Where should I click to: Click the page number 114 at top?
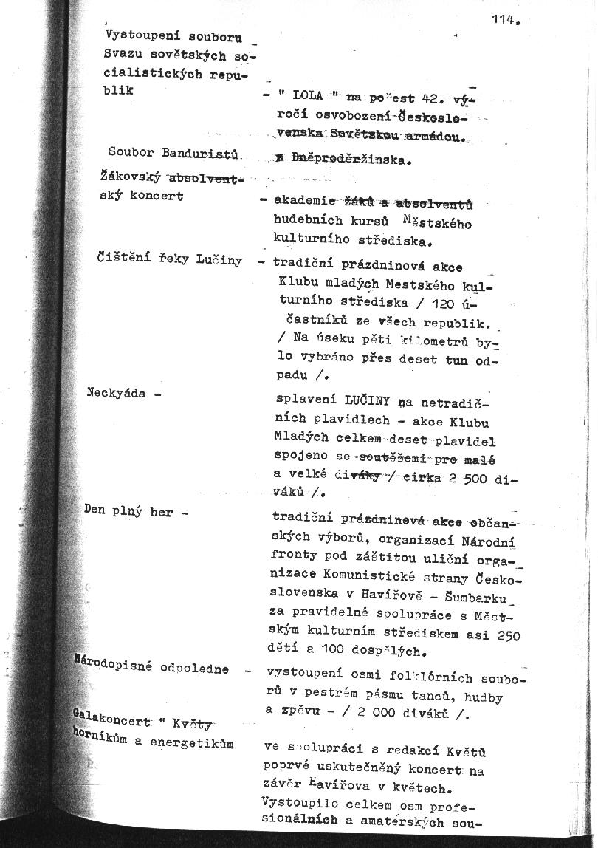[504, 21]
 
